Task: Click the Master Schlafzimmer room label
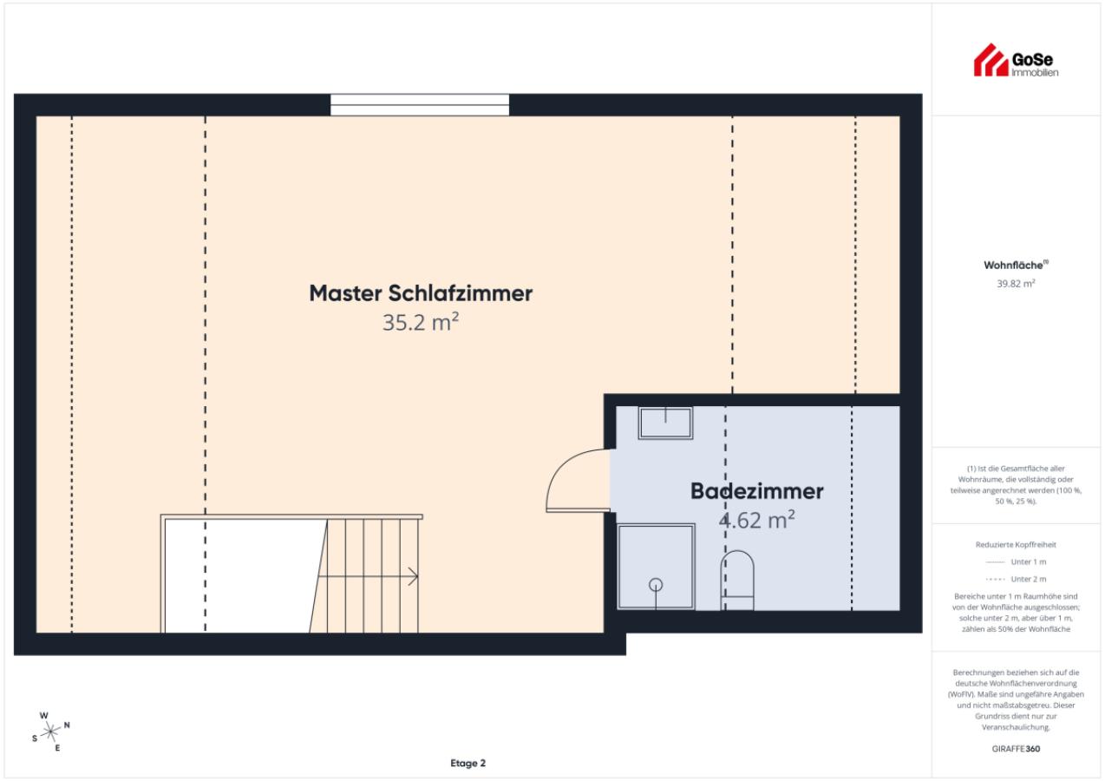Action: click(421, 293)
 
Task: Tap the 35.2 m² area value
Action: click(421, 322)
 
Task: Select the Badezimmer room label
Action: click(756, 491)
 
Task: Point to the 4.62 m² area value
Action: click(756, 520)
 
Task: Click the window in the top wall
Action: click(420, 105)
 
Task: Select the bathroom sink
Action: click(665, 423)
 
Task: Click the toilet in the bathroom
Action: click(737, 581)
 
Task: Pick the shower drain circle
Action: click(656, 585)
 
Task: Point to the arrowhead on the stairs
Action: click(414, 576)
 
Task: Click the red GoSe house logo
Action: click(991, 61)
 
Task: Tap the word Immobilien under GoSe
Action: click(1035, 73)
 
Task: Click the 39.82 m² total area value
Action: click(1016, 284)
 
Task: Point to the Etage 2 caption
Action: click(467, 763)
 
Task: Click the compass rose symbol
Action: click(49, 732)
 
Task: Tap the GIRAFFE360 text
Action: click(1016, 748)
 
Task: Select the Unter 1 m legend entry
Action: click(1016, 561)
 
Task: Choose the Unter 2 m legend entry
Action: click(1016, 579)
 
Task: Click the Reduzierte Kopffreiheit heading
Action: click(1016, 544)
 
